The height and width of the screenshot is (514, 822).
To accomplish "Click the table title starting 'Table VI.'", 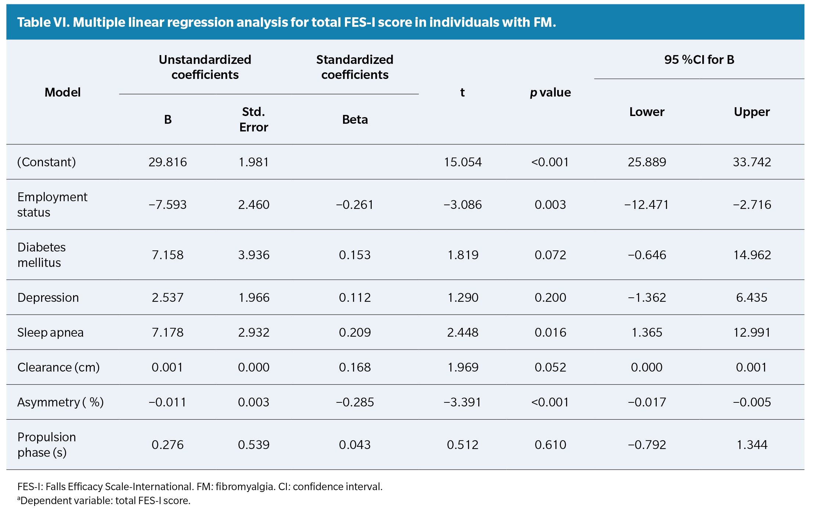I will click(286, 22).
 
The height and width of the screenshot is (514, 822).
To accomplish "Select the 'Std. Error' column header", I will click(253, 119).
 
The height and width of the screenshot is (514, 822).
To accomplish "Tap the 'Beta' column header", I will click(355, 120).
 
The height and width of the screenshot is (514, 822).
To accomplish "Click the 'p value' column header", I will click(550, 93).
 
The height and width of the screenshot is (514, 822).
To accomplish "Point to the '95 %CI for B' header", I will click(699, 59).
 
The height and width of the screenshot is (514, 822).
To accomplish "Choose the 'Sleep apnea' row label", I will click(50, 332).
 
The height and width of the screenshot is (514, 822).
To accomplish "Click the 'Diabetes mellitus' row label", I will click(42, 255).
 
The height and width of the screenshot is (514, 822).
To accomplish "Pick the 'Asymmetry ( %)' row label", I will click(60, 402).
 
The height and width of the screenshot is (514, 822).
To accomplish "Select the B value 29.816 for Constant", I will click(167, 162).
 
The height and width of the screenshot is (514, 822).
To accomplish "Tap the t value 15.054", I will click(462, 162).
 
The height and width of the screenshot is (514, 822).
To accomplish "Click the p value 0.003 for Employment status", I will click(550, 204).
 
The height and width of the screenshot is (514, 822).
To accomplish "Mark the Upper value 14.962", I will click(752, 255).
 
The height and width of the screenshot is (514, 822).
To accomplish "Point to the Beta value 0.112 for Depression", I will click(355, 297).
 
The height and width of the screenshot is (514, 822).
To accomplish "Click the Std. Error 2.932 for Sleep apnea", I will click(253, 332).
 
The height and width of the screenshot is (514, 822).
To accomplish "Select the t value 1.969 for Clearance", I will click(462, 367).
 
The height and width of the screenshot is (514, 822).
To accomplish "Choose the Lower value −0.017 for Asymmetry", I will click(647, 402).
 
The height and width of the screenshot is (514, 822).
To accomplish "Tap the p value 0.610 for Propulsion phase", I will click(550, 445).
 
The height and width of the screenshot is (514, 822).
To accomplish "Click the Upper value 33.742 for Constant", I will click(752, 162).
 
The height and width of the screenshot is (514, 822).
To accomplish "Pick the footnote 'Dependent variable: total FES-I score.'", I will click(104, 500).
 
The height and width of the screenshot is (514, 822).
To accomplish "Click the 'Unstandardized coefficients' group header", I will click(205, 67).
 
